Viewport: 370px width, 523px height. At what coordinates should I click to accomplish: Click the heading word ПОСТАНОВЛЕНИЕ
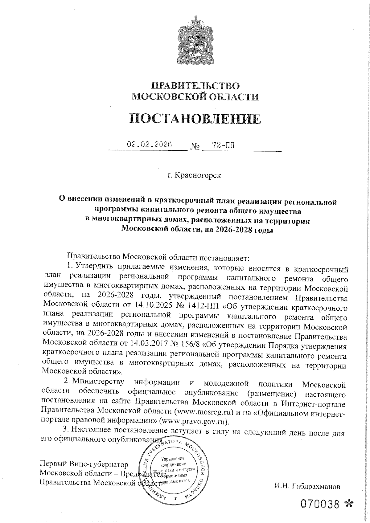pos(195,119)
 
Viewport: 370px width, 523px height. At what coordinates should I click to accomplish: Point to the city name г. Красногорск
pos(195,175)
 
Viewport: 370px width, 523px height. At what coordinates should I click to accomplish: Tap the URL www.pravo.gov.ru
pos(193,420)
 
